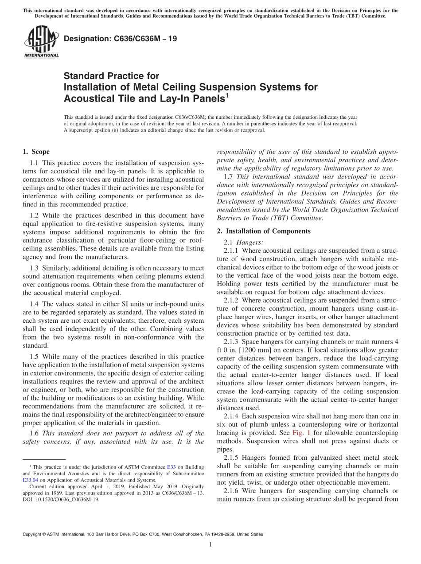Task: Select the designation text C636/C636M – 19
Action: [x=121, y=39]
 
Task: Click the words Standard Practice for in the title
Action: [x=111, y=76]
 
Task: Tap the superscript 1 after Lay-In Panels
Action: [x=228, y=94]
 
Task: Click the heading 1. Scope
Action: [x=36, y=152]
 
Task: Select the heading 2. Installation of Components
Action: [x=264, y=231]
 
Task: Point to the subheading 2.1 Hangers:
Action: [x=243, y=242]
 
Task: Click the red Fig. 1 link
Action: [x=300, y=432]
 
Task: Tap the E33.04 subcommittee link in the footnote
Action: [x=31, y=480]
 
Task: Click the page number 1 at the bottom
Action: [x=210, y=545]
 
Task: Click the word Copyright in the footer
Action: [x=34, y=534]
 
